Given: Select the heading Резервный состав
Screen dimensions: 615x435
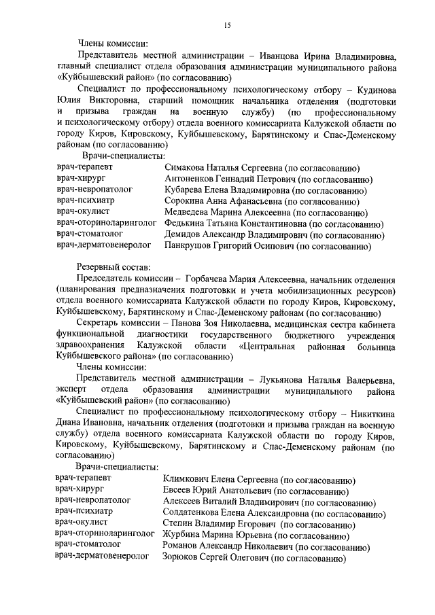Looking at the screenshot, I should click(114, 268).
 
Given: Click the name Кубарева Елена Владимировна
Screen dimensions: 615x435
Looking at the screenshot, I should click(228, 190).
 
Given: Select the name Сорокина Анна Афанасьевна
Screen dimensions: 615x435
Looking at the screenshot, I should click(222, 201).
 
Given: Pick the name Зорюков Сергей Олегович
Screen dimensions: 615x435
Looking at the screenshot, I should click(215, 558).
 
